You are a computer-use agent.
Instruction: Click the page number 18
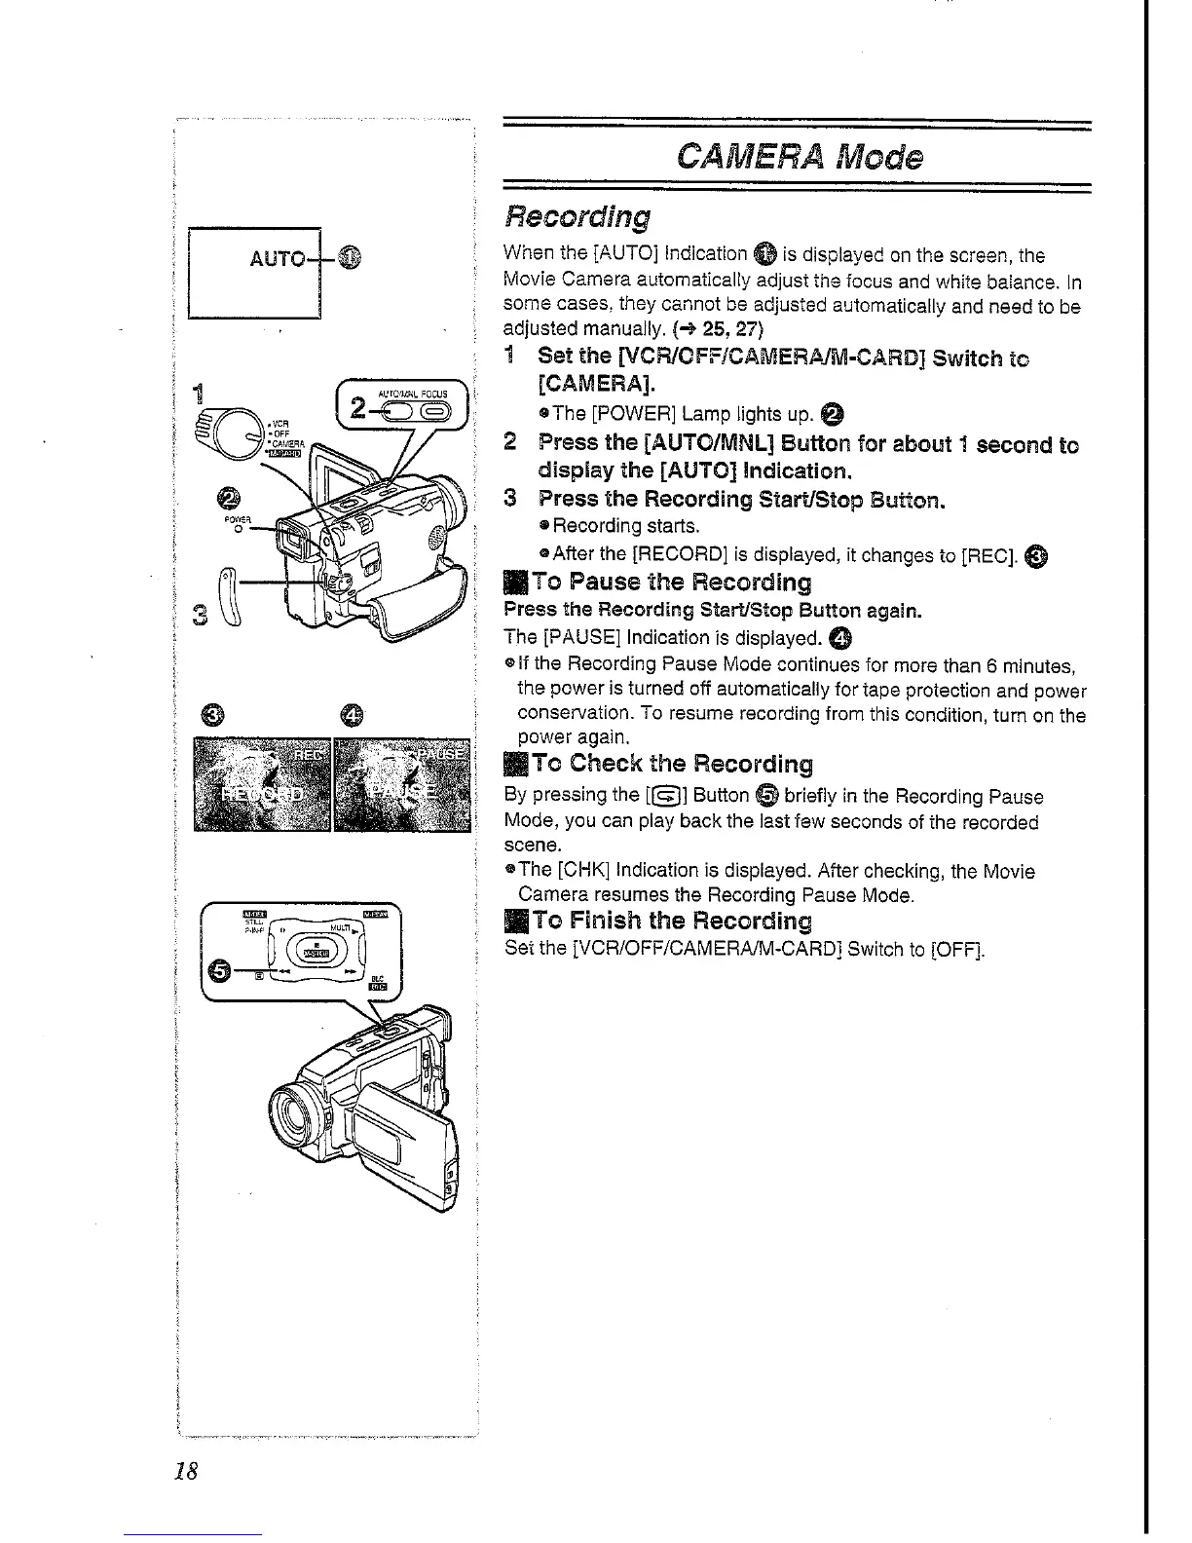click(x=185, y=1471)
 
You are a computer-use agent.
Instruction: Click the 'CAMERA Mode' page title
click(x=796, y=156)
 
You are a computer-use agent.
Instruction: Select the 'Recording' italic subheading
click(x=577, y=215)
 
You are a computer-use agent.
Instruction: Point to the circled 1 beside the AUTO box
click(x=351, y=258)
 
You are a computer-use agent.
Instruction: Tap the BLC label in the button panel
click(x=378, y=977)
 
